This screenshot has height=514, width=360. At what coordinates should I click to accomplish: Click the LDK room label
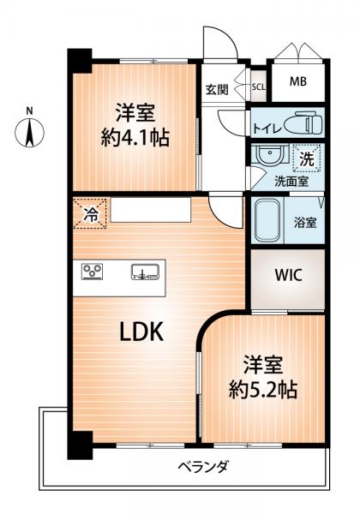[x=141, y=332]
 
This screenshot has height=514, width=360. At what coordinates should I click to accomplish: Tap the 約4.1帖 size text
[x=135, y=138]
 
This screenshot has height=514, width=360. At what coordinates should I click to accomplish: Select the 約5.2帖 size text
[x=263, y=390]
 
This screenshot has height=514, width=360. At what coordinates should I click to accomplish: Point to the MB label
[x=298, y=81]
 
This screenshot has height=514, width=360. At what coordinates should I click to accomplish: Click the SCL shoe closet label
[x=259, y=87]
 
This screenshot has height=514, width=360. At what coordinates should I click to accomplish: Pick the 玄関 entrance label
[x=217, y=89]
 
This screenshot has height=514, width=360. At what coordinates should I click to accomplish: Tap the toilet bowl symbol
[x=303, y=123]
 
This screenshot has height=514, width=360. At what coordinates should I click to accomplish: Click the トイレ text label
[x=267, y=128]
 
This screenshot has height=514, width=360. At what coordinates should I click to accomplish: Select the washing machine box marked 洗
[x=307, y=158]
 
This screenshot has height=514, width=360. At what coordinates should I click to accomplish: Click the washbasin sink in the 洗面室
[x=270, y=156]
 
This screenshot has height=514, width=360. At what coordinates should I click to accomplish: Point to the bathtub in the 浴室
[x=267, y=220]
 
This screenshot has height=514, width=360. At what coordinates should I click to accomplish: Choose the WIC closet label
[x=289, y=275]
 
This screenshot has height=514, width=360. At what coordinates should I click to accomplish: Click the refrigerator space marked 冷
[x=90, y=213]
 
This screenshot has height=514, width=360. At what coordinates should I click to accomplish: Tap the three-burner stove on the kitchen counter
[x=92, y=272]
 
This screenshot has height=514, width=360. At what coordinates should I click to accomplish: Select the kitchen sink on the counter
[x=145, y=272]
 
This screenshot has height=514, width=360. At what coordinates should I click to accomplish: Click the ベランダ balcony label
[x=203, y=466]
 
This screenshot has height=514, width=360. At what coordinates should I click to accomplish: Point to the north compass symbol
[x=29, y=133]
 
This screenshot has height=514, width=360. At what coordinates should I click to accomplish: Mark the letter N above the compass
[x=29, y=111]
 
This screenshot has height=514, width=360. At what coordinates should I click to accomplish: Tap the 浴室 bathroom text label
[x=305, y=223]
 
